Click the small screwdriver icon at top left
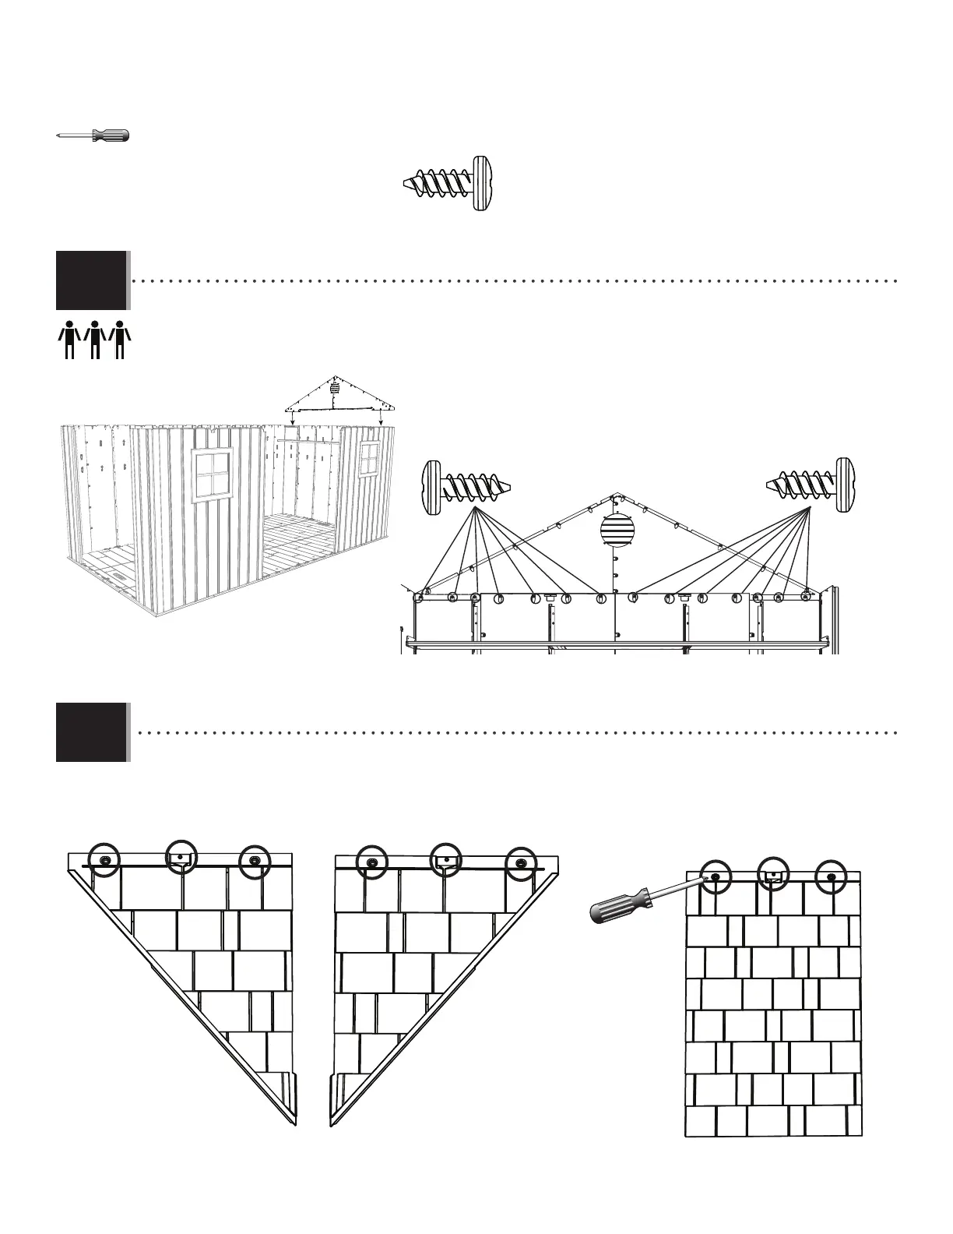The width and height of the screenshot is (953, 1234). (94, 136)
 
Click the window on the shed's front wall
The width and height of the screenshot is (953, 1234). (212, 475)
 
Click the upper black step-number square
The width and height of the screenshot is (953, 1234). (91, 280)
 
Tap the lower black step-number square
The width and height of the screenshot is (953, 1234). (91, 732)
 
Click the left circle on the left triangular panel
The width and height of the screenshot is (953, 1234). (104, 860)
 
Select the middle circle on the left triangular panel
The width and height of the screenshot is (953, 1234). (181, 857)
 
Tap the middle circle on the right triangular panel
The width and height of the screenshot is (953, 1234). (446, 859)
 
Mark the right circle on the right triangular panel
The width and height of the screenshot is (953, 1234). (521, 862)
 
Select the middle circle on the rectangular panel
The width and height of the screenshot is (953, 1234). (772, 874)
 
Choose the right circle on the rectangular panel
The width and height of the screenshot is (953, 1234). (831, 876)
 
